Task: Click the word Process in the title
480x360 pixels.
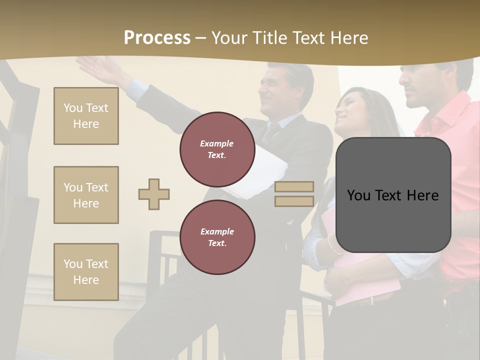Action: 157,38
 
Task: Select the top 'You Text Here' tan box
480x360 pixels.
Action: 86,116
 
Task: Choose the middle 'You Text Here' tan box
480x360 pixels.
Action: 86,195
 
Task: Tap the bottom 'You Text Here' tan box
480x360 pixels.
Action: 86,271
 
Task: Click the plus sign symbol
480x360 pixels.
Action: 154,194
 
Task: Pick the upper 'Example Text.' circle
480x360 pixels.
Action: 217,149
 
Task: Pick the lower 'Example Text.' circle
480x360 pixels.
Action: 217,237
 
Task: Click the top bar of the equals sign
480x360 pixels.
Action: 294,187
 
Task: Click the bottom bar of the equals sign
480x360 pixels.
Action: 294,201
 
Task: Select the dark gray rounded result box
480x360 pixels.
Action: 393,195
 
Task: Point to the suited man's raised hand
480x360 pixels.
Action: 97,68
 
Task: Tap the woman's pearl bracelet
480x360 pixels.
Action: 330,244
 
